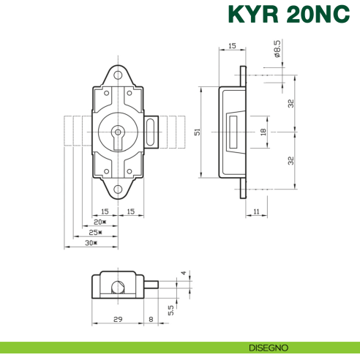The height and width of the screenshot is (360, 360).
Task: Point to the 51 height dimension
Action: click(195, 132)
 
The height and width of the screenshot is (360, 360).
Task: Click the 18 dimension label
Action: click(263, 132)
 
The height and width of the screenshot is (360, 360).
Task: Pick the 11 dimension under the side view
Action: click(255, 211)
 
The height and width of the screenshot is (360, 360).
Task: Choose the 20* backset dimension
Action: click(100, 222)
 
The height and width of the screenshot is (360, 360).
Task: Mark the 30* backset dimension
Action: click(91, 242)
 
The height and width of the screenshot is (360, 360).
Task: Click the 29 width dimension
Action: click(119, 320)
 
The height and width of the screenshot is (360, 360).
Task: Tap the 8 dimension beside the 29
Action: click(151, 320)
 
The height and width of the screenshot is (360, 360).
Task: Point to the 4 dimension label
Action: click(183, 274)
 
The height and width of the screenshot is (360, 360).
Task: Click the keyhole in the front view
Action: click(116, 135)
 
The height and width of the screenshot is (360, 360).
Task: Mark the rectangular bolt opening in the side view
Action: click(234, 132)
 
